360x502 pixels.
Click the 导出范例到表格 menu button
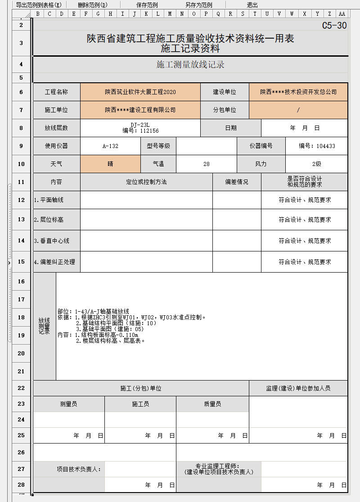(x=39, y=5)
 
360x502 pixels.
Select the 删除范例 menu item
(x=93, y=5)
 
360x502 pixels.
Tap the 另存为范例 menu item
(x=198, y=5)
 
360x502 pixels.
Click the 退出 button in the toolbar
(x=252, y=5)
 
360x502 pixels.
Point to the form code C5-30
(x=334, y=26)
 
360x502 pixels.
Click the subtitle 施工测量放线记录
(x=190, y=65)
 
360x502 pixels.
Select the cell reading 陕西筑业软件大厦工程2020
(x=140, y=92)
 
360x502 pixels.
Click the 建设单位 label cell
(x=225, y=92)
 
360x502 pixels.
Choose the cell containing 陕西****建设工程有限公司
(x=140, y=110)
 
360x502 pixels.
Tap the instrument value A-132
(x=110, y=146)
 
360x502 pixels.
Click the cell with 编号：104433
(x=317, y=146)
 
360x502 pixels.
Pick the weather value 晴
(x=110, y=164)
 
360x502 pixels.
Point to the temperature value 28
(x=207, y=164)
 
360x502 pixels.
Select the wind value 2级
(x=317, y=164)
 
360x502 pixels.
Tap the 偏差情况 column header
(x=237, y=182)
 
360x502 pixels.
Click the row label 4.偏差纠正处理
(x=54, y=262)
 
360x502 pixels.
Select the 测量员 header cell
(x=68, y=404)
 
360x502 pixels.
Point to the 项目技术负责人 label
(x=79, y=469)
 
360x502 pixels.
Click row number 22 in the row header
(x=21, y=388)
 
